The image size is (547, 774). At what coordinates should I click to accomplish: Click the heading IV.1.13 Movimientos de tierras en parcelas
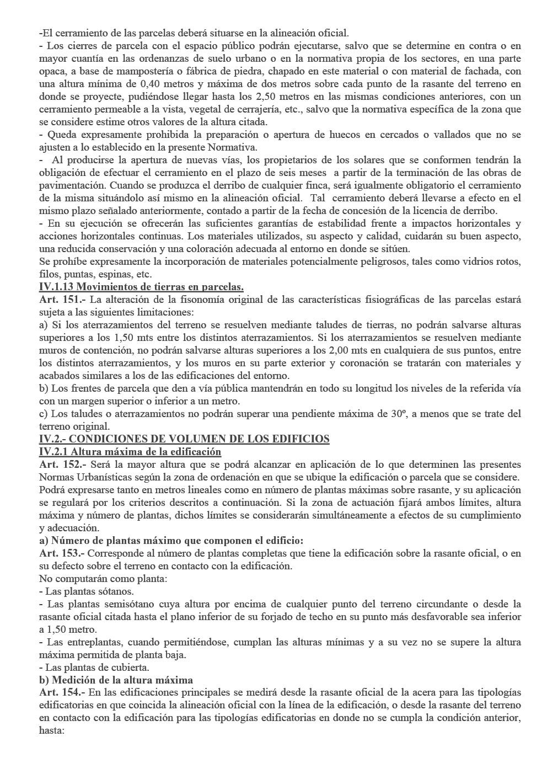tap(141, 287)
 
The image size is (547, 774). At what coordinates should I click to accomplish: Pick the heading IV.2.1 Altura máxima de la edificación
tap(130, 452)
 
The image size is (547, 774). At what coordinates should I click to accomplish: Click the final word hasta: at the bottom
tap(52, 730)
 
